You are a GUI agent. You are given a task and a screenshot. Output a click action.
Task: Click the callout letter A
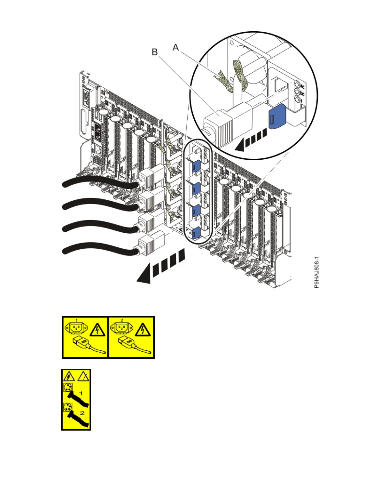(x=176, y=48)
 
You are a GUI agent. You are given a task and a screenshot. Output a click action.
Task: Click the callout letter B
(x=155, y=52)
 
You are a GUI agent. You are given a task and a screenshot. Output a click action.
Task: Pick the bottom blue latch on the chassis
(x=196, y=232)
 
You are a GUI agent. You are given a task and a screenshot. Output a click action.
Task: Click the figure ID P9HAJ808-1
(x=316, y=272)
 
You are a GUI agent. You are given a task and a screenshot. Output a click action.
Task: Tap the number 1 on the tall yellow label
(x=81, y=393)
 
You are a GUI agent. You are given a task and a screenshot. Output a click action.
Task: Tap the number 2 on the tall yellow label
(x=82, y=413)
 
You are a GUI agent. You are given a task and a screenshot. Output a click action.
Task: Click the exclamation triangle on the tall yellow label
(x=83, y=376)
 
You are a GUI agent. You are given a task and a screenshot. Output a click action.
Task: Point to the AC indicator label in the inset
(x=302, y=86)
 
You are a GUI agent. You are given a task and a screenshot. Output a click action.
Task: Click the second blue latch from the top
(x=196, y=188)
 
